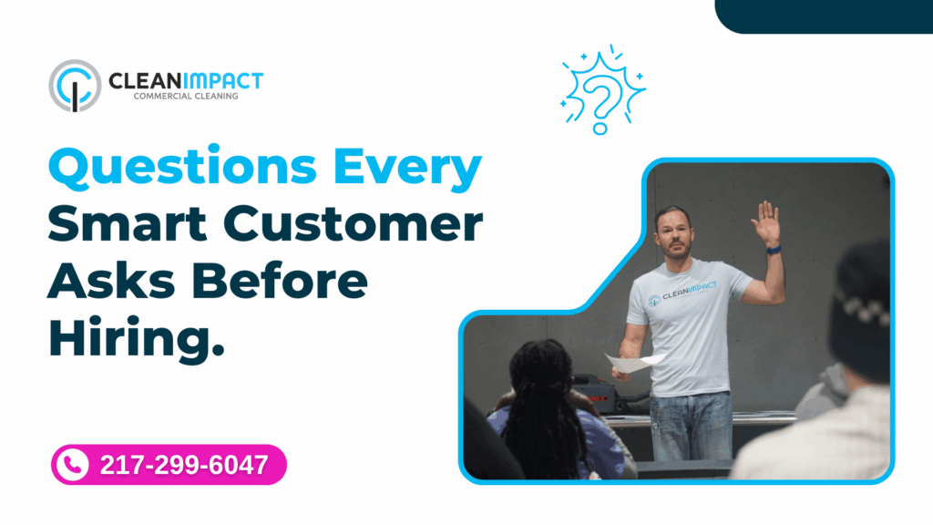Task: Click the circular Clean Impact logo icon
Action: (x=75, y=86)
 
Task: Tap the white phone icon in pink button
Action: (x=70, y=465)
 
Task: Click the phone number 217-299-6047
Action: (x=183, y=465)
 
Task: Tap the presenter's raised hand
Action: (x=768, y=221)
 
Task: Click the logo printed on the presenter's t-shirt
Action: (x=682, y=293)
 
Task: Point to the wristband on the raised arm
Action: (x=773, y=249)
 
